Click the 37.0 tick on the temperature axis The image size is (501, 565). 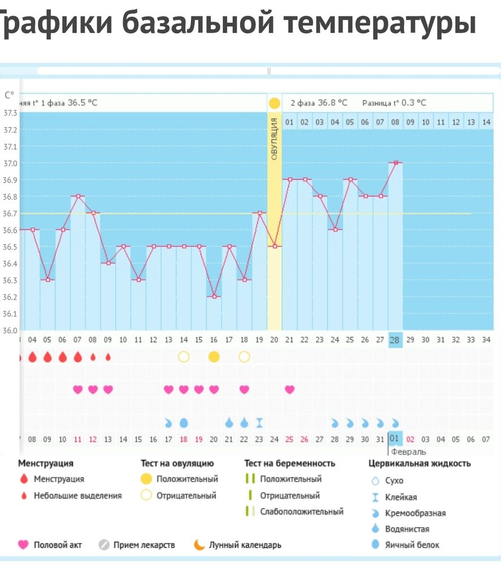click(x=10, y=163)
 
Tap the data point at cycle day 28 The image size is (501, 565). click(x=396, y=163)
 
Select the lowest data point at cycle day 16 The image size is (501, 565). click(x=214, y=297)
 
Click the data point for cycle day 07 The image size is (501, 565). click(x=78, y=196)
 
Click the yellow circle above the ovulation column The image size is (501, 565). click(x=275, y=103)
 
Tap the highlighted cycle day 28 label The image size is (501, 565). click(x=395, y=340)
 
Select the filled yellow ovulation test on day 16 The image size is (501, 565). click(x=214, y=357)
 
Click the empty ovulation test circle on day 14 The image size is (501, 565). click(x=184, y=357)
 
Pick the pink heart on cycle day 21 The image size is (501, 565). click(x=289, y=389)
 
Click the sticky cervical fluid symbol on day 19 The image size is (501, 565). click(x=259, y=422)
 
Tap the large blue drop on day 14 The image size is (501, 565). click(x=184, y=422)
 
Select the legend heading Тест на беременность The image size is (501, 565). click(x=290, y=463)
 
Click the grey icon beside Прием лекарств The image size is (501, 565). click(x=103, y=545)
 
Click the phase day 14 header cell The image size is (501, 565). click(x=486, y=121)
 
